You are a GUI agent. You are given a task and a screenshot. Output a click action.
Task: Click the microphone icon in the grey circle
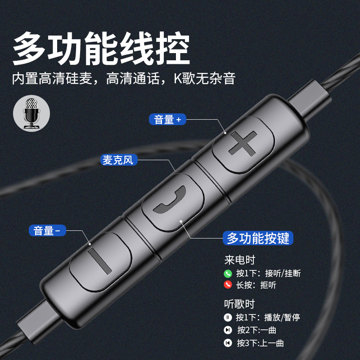click(x=31, y=113)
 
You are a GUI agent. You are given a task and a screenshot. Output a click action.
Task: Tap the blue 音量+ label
click(x=167, y=119)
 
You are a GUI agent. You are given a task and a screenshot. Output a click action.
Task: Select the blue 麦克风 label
click(x=119, y=160)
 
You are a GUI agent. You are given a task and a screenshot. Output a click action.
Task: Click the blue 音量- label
click(x=47, y=230)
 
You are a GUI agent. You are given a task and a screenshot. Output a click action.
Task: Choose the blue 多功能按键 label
click(x=258, y=238)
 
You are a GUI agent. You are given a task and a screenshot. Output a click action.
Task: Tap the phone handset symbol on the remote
click(x=170, y=199)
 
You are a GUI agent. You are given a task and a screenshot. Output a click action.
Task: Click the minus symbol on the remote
click(x=99, y=261)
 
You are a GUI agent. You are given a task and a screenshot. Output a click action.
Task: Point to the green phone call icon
click(x=228, y=273)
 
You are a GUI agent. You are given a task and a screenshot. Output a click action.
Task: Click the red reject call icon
click(x=228, y=285)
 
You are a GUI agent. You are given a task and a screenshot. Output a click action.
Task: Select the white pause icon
click(x=228, y=318)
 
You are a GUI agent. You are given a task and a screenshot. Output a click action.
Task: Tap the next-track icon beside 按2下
click(x=228, y=330)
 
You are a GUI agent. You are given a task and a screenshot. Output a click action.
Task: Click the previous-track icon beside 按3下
click(x=228, y=343)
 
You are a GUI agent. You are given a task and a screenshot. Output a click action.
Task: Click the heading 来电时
click(x=240, y=260)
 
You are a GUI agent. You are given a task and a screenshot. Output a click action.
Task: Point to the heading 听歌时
click(x=239, y=304)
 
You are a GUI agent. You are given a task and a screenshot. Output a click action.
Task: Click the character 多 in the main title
click(x=29, y=49)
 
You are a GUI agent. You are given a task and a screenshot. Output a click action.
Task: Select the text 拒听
click(x=268, y=285)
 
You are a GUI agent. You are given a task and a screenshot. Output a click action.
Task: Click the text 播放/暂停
click(x=282, y=318)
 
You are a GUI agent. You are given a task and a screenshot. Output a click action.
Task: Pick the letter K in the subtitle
click(x=177, y=78)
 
